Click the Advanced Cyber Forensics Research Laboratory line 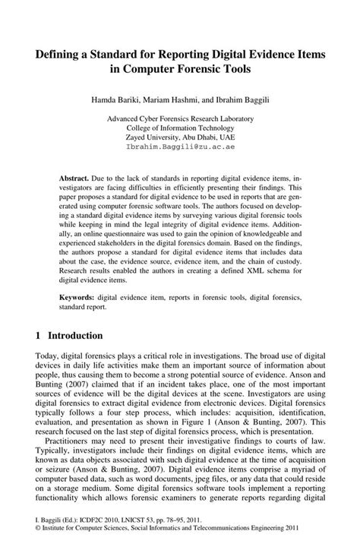(180, 119)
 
